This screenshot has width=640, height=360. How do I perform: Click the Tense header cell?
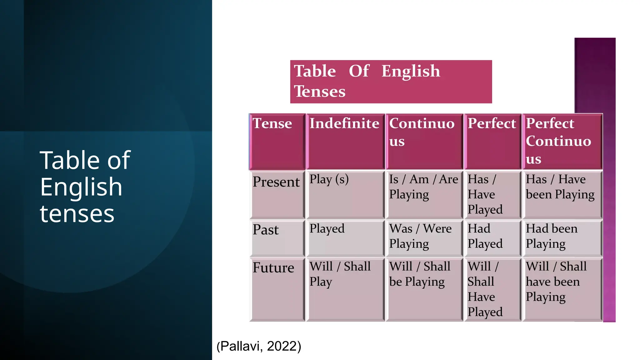click(277, 142)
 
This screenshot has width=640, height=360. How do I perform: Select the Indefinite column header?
click(345, 142)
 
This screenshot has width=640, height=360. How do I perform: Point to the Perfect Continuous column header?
click(562, 142)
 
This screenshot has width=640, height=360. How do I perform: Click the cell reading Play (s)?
click(345, 194)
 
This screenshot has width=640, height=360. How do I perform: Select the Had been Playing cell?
click(562, 238)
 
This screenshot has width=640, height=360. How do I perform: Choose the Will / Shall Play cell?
click(345, 289)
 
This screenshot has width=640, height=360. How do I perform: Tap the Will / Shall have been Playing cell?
click(562, 289)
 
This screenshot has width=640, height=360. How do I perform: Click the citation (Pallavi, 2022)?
click(259, 346)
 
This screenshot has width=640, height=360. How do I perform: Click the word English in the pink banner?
click(411, 71)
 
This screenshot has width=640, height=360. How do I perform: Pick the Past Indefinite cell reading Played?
click(345, 238)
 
